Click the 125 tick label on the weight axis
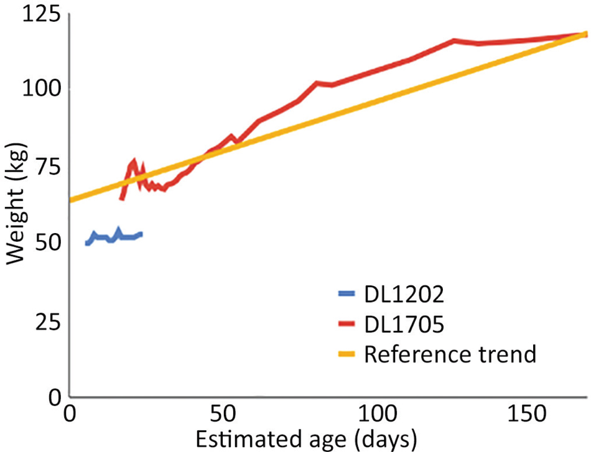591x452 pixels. click(x=41, y=15)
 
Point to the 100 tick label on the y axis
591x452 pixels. click(x=41, y=90)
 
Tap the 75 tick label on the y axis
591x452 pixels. click(x=48, y=167)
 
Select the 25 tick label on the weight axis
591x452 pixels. click(x=48, y=323)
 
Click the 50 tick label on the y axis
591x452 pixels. click(x=48, y=244)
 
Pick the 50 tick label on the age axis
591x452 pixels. click(x=223, y=413)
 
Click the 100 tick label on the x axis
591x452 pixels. click(x=378, y=413)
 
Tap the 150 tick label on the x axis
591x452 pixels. click(x=527, y=413)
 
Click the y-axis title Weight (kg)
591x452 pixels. click(x=16, y=203)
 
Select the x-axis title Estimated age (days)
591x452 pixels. click(x=307, y=439)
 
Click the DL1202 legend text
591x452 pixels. click(x=404, y=294)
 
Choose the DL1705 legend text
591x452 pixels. click(x=404, y=324)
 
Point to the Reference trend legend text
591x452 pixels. click(x=450, y=354)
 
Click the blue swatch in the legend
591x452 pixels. click(x=347, y=293)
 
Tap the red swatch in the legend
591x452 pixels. click(x=347, y=323)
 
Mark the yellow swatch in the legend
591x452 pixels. click(x=347, y=354)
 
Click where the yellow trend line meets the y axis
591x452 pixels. click(x=70, y=200)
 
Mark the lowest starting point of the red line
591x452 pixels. click(x=122, y=198)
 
